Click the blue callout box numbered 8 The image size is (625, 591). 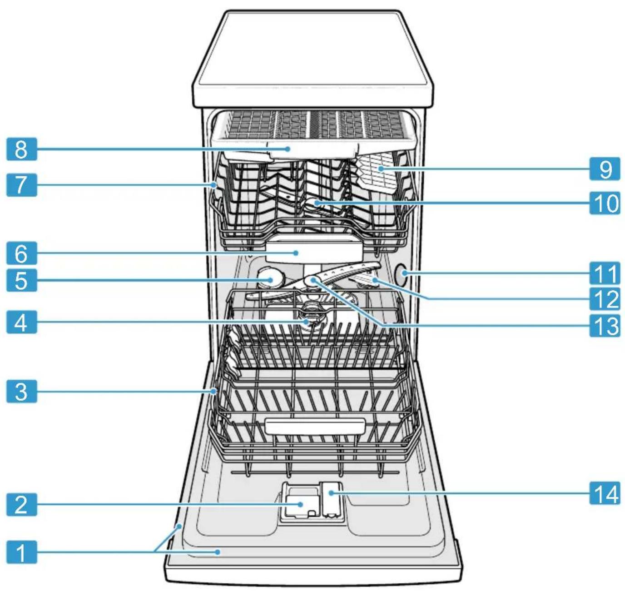[22, 149]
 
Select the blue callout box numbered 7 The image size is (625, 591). [22, 185]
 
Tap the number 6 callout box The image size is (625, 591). [22, 253]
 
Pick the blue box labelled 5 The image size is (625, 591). [22, 280]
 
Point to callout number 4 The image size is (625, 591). [22, 322]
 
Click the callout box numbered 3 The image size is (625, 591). [22, 392]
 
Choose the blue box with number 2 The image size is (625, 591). [22, 504]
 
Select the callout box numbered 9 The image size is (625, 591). [605, 169]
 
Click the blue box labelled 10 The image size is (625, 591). [605, 203]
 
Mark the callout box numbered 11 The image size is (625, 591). [605, 273]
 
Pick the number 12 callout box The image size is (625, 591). [605, 298]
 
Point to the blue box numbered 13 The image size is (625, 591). [605, 325]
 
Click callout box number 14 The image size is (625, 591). [605, 493]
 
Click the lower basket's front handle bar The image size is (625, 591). [315, 427]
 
